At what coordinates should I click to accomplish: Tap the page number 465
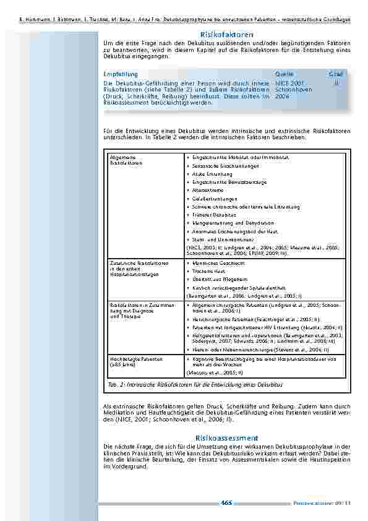[x=226, y=503]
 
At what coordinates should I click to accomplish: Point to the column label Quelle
[x=284, y=74]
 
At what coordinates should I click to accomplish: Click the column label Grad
[x=336, y=74]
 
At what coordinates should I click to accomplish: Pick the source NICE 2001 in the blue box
[x=290, y=83]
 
